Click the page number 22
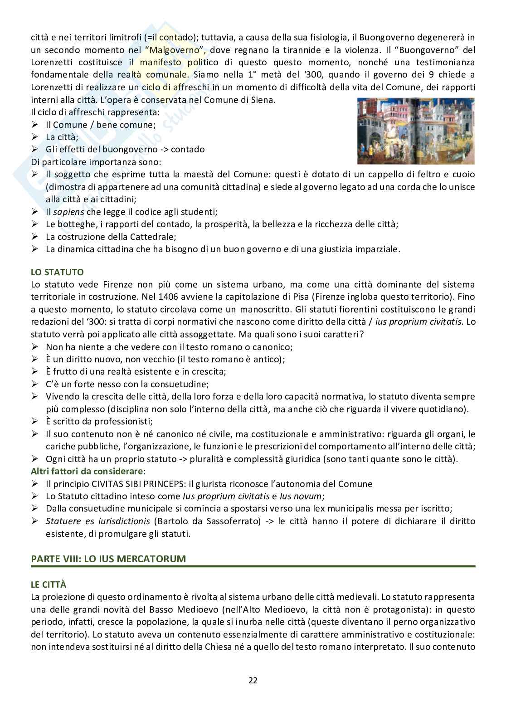click(253, 680)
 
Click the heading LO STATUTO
click(57, 273)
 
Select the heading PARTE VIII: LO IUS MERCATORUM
click(108, 558)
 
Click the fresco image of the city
click(415, 131)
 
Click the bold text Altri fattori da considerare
click(87, 471)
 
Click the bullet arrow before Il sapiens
click(35, 212)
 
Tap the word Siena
click(263, 100)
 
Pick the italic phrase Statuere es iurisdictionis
click(99, 521)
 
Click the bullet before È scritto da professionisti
click(35, 421)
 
